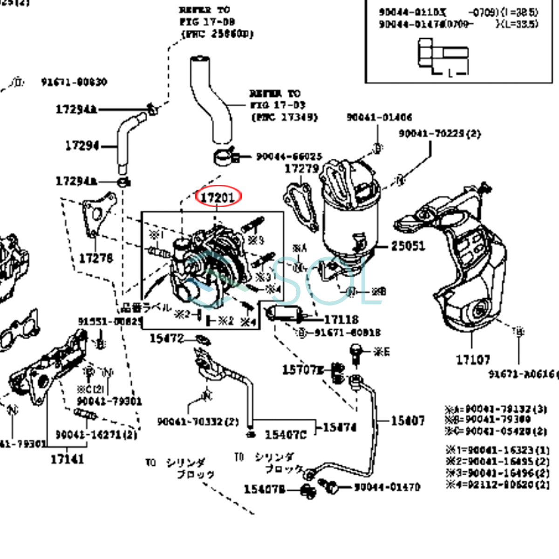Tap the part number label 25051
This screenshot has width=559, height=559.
pyautogui.click(x=408, y=245)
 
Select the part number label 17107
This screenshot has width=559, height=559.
pyautogui.click(x=473, y=360)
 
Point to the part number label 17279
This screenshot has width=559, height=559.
pyautogui.click(x=302, y=169)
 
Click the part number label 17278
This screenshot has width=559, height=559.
pyautogui.click(x=96, y=258)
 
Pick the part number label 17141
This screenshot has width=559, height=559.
pyautogui.click(x=67, y=459)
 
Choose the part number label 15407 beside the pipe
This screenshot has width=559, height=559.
pyautogui.click(x=408, y=421)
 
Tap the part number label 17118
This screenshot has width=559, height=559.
pyautogui.click(x=341, y=320)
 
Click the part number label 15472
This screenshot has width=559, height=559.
pyautogui.click(x=167, y=339)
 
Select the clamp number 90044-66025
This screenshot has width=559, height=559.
pyautogui.click(x=289, y=157)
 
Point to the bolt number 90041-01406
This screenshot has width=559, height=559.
pyautogui.click(x=379, y=117)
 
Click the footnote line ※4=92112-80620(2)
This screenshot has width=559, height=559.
pyautogui.click(x=498, y=485)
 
